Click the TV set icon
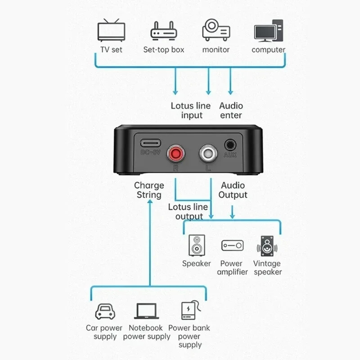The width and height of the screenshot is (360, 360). click(x=111, y=31)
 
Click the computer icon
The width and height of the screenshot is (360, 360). click(x=269, y=31)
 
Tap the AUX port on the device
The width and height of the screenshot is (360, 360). click(x=230, y=145)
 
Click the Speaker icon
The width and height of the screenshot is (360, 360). click(x=197, y=246)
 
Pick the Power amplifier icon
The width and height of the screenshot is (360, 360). click(x=232, y=246)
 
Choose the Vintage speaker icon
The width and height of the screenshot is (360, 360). click(x=267, y=246)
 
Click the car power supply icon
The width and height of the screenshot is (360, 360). click(x=104, y=311)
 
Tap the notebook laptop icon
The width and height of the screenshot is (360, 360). click(x=146, y=311)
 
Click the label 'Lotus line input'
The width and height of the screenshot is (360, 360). click(x=191, y=111)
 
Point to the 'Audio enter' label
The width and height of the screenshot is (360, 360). click(x=231, y=111)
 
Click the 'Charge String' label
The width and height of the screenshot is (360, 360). click(x=149, y=190)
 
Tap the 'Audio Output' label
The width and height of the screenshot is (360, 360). click(x=233, y=190)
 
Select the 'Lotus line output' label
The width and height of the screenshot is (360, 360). click(x=189, y=212)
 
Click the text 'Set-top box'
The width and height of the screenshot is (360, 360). click(x=164, y=49)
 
